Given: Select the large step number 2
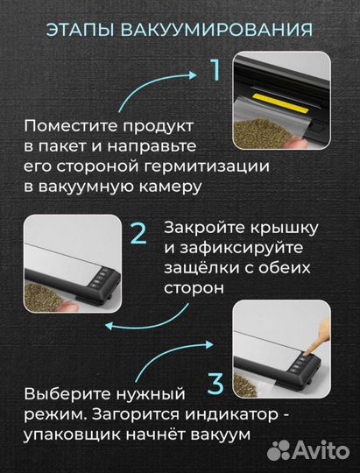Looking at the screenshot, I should coord(138,234).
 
